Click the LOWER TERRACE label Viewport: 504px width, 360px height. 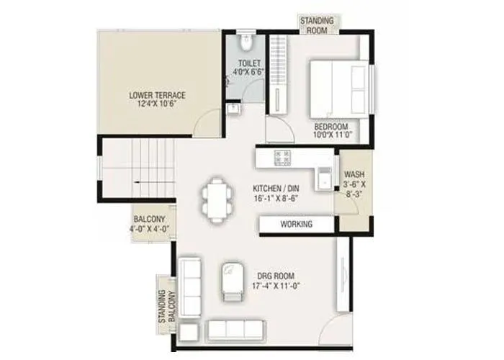157,94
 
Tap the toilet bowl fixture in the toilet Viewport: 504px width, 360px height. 245,44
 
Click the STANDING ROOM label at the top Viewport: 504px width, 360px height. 317,25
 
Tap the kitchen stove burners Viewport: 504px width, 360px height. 282,157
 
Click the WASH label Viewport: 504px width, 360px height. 354,175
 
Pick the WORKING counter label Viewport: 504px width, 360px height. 296,225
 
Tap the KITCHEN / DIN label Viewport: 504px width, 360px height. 275,189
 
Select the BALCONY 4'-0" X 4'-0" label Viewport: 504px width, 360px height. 149,225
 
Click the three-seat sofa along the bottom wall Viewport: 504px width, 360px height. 235,329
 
